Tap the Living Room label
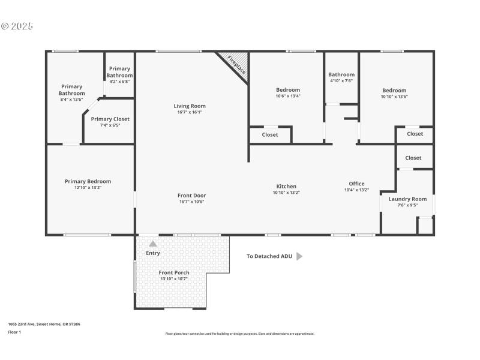click(190, 106)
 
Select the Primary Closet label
click(110, 119)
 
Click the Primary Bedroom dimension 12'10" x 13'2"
click(88, 188)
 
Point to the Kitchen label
click(286, 186)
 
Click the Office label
click(356, 184)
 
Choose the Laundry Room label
click(407, 199)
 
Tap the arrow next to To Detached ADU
click(299, 256)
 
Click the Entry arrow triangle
click(153, 244)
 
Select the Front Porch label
click(174, 272)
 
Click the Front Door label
click(191, 195)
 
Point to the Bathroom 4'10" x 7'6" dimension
click(341, 80)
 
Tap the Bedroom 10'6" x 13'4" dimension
click(287, 96)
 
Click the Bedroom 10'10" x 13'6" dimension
click(394, 97)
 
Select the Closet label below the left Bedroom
click(270, 135)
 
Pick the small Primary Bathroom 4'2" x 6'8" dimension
click(119, 82)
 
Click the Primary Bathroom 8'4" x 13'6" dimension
click(71, 100)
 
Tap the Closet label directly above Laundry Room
click(413, 158)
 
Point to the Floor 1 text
click(14, 332)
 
